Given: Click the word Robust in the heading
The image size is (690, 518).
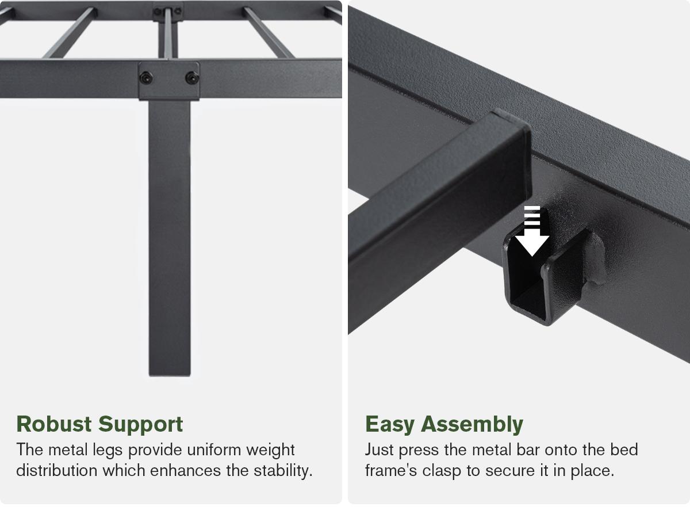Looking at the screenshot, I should tap(54, 424).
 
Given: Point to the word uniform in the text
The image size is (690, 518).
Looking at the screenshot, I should tap(210, 450).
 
